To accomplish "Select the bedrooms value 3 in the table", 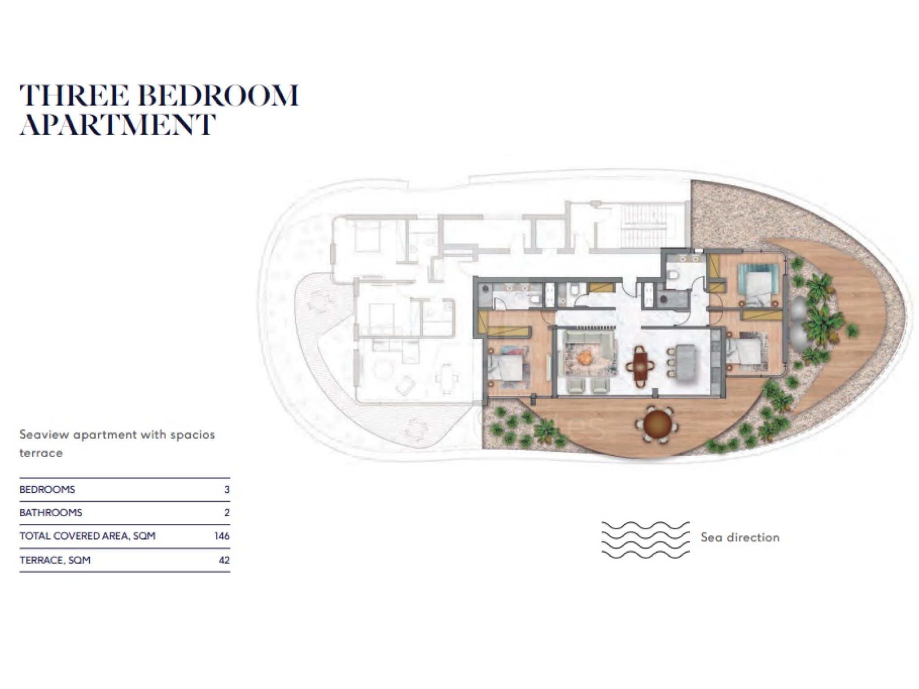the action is (x=227, y=489).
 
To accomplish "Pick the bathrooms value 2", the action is (x=227, y=513).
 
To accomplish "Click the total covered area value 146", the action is (x=222, y=536).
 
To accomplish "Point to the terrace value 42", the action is (x=224, y=560).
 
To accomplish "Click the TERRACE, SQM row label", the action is (x=55, y=560).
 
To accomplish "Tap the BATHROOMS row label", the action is (x=51, y=513).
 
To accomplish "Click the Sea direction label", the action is (x=740, y=537).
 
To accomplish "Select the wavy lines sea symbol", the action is (x=645, y=540).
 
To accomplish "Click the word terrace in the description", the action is (x=41, y=453).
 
